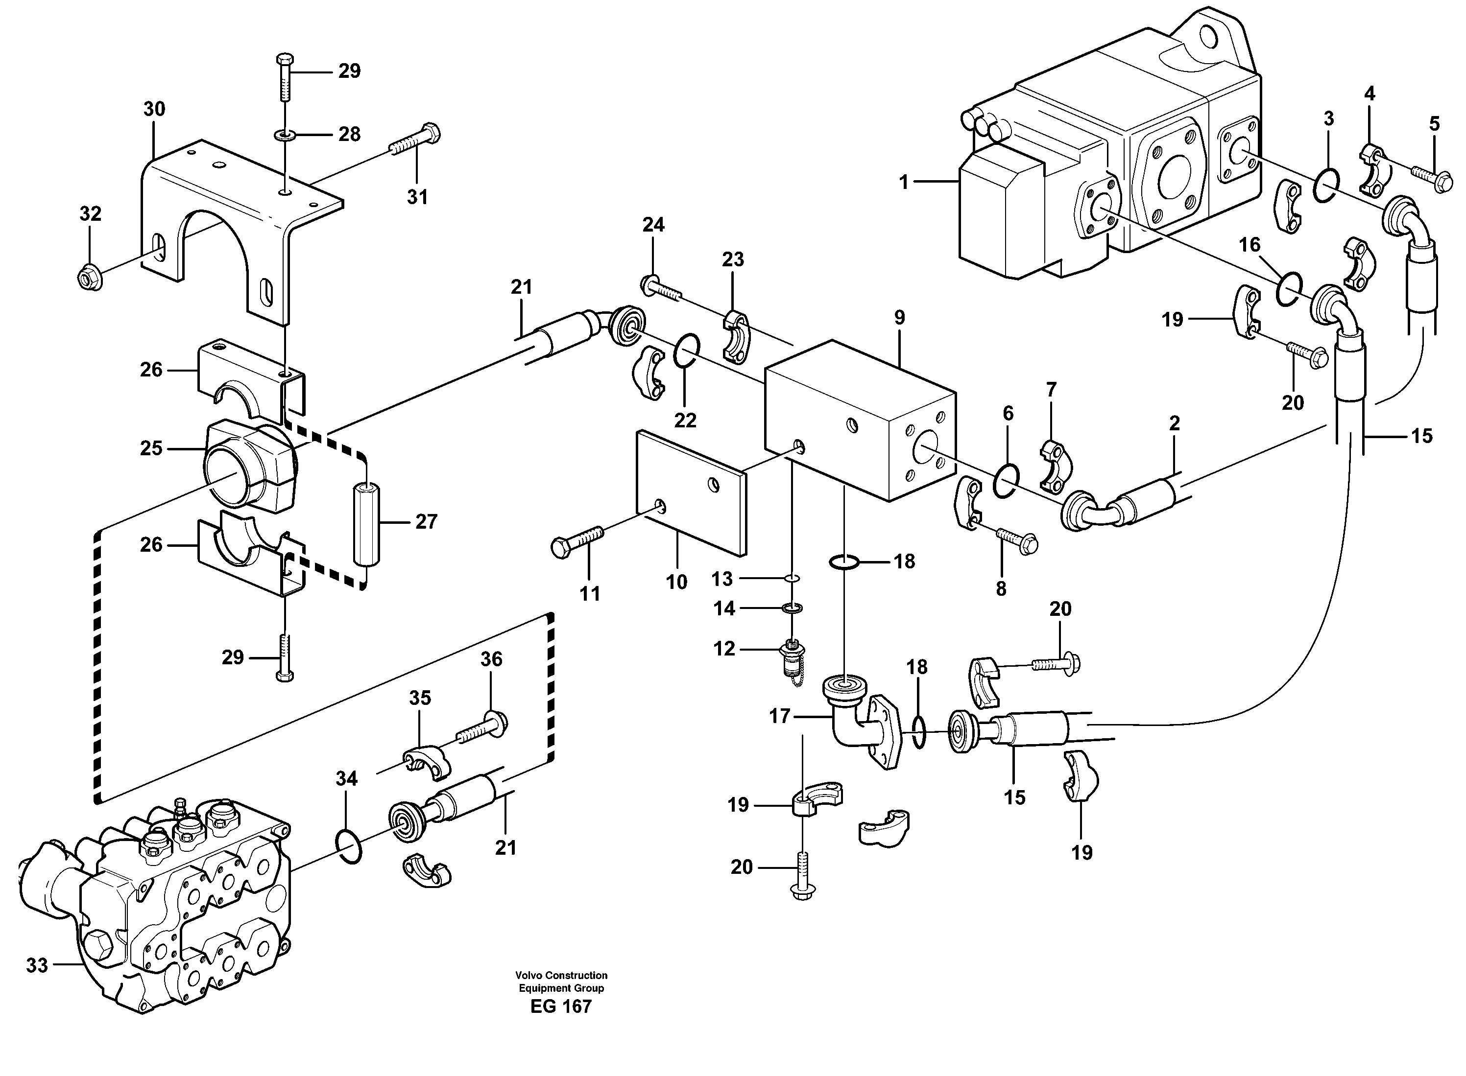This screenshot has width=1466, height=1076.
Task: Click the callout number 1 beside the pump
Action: click(903, 183)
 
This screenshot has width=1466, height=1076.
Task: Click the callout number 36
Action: click(491, 659)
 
